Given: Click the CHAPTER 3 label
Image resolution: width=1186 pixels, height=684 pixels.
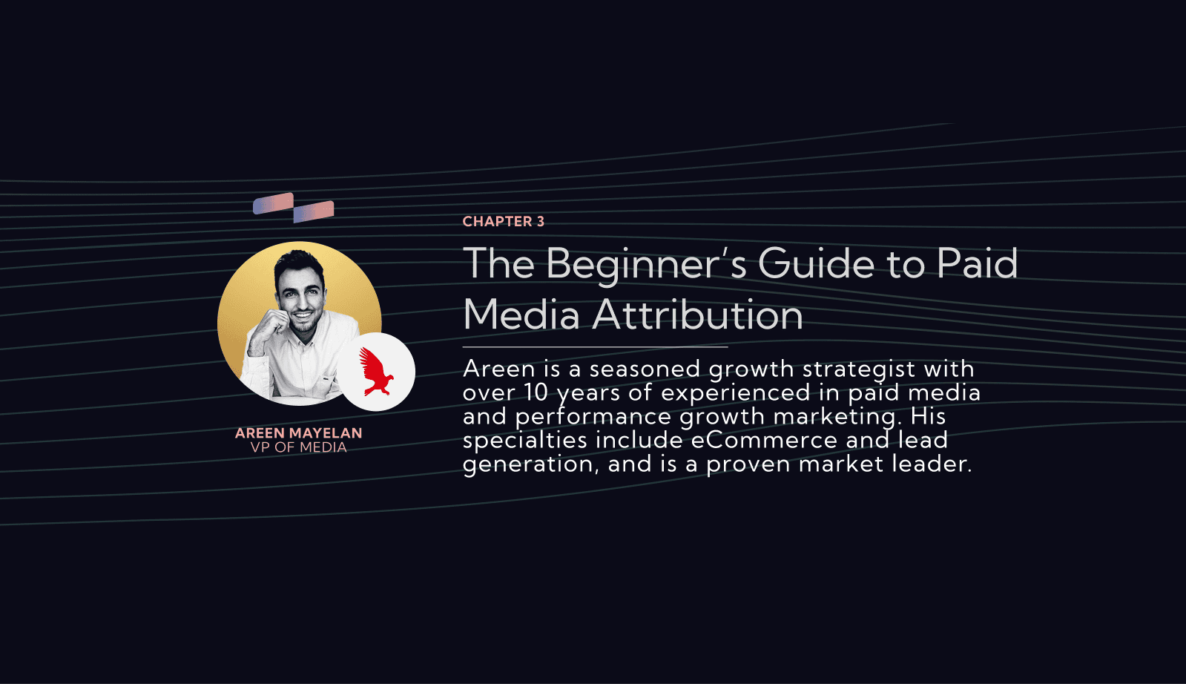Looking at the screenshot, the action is pyautogui.click(x=503, y=221).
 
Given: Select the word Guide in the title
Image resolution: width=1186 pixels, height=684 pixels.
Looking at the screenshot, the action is pyautogui.click(x=816, y=263).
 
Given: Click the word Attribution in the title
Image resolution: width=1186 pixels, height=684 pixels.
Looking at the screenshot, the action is pyautogui.click(x=697, y=315).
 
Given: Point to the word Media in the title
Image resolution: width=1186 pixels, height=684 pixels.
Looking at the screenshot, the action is pyautogui.click(x=521, y=315).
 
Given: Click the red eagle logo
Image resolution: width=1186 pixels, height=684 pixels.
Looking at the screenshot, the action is pyautogui.click(x=376, y=372).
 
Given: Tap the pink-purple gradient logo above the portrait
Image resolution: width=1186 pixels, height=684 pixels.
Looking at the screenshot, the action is pyautogui.click(x=293, y=208).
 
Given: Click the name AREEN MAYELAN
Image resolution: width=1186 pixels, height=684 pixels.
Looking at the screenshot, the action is pyautogui.click(x=299, y=433).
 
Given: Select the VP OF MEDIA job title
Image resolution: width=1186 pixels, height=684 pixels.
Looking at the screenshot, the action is pyautogui.click(x=299, y=447).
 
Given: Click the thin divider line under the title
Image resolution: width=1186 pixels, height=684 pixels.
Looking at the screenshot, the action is pyautogui.click(x=595, y=347).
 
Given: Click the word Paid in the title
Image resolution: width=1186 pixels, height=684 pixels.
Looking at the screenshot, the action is pyautogui.click(x=977, y=263).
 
